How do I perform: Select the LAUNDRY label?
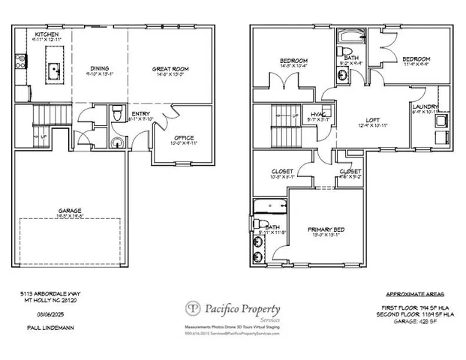coord(425,107)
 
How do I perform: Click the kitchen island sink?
coord(55,71)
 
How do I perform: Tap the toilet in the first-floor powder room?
coord(116,114)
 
